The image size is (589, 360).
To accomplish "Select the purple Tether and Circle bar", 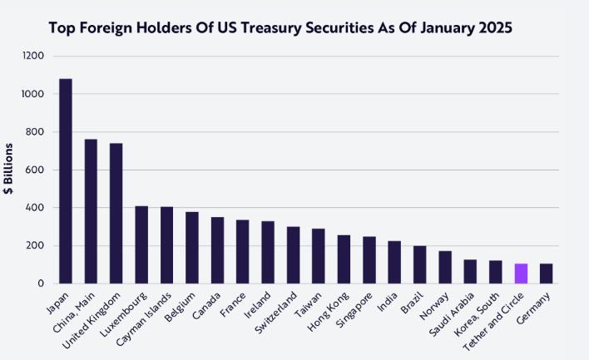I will point(521,274).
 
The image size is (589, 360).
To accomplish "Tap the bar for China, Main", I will point(91,211).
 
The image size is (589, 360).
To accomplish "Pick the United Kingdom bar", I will point(116,214).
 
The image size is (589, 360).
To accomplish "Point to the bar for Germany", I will point(546,274).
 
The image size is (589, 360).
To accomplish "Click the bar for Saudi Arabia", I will point(470,272).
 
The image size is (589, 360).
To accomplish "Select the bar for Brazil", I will point(419,264).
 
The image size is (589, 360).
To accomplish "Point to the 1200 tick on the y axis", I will point(34,57).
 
